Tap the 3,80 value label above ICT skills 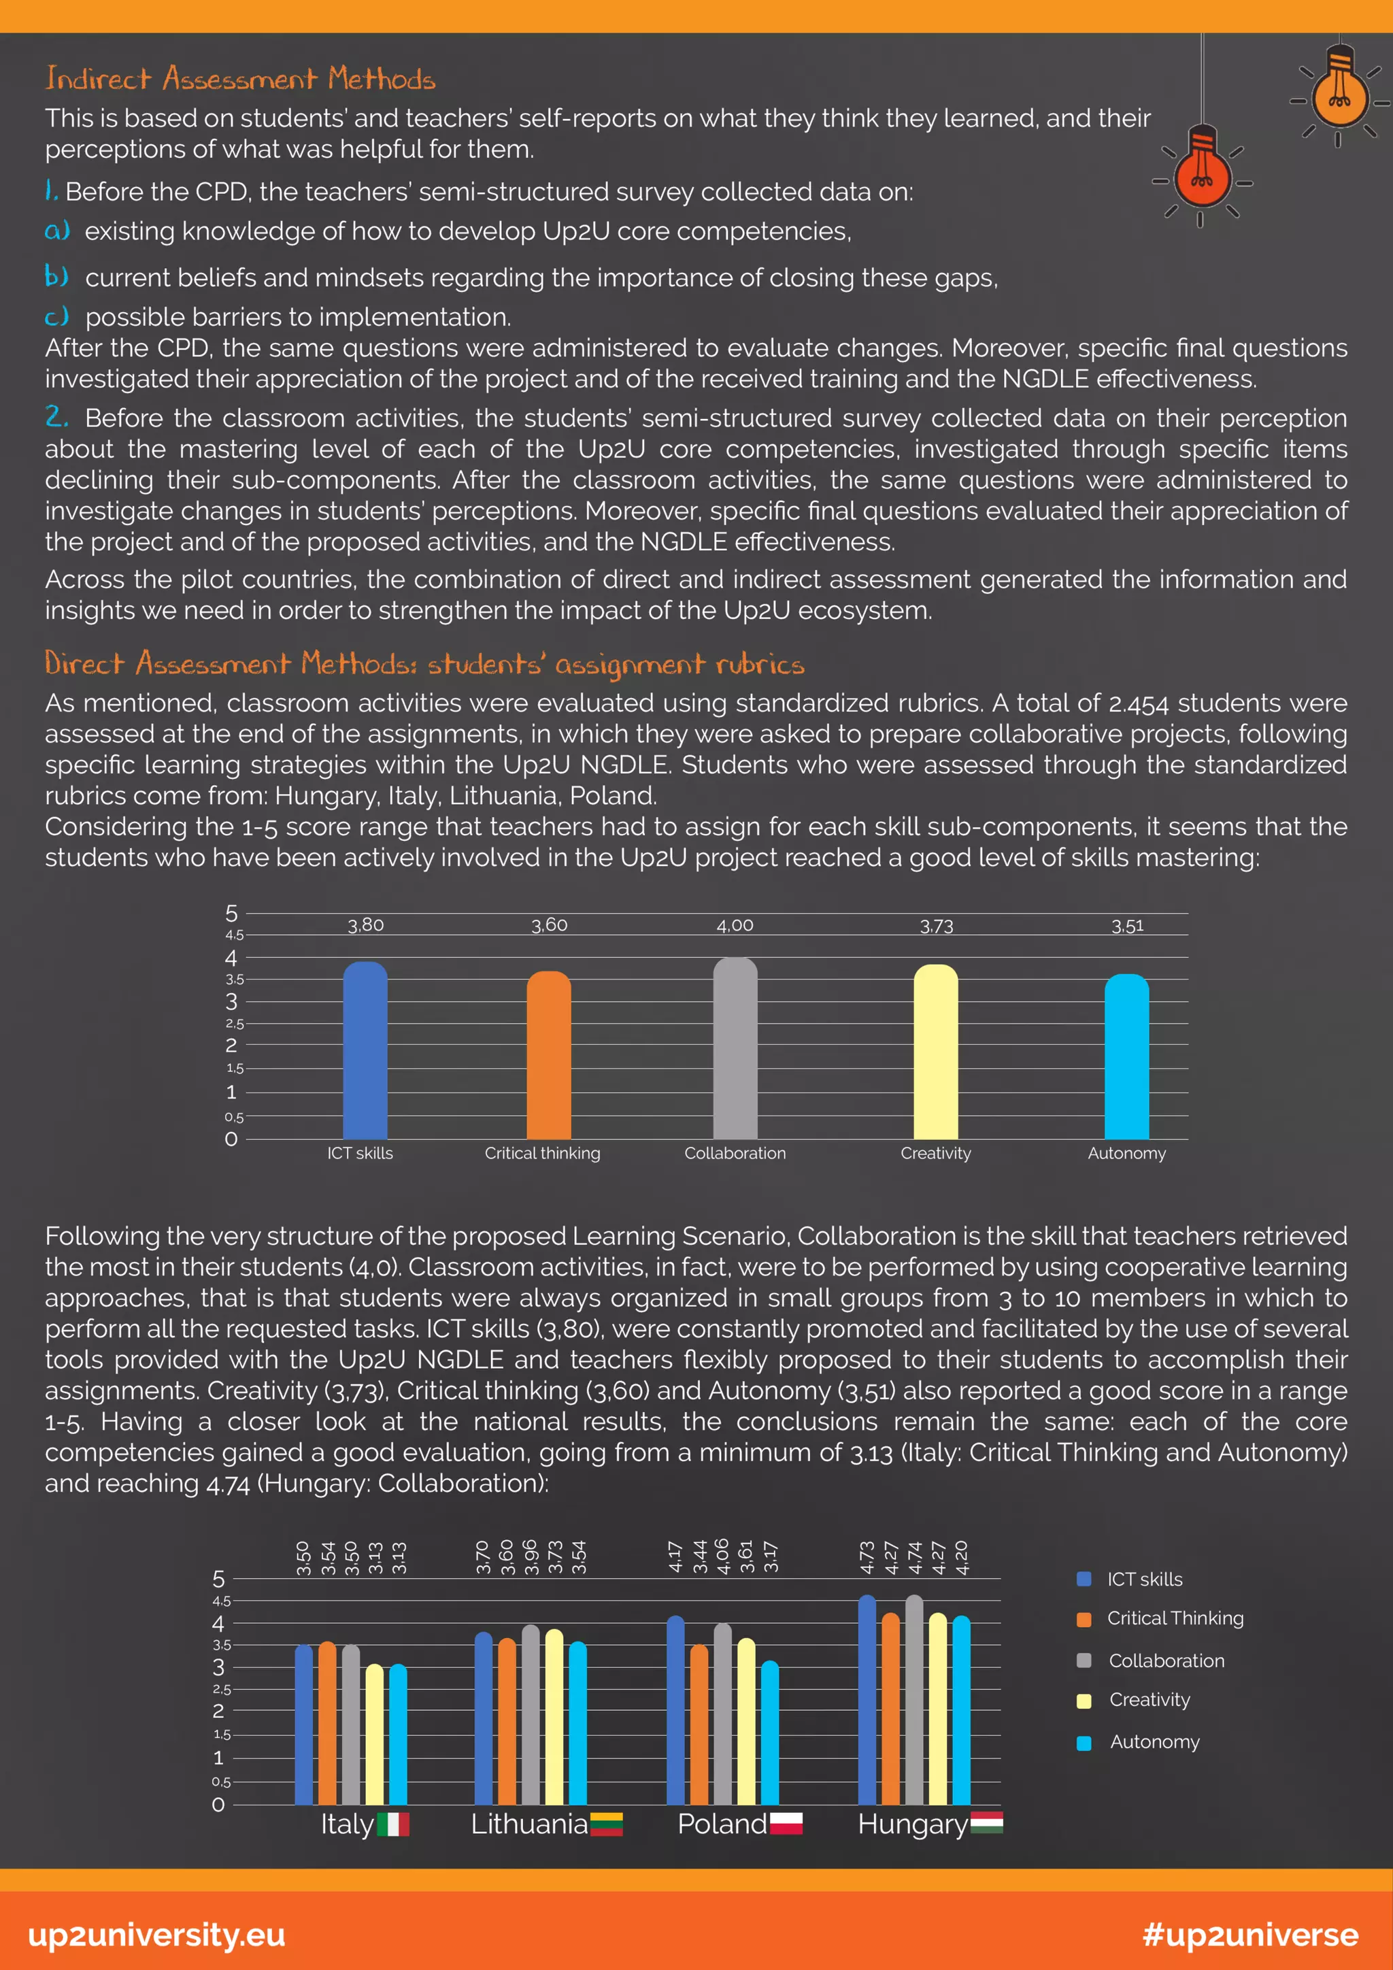[365, 926]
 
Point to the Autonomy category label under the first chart [1126, 1154]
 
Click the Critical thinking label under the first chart [542, 1154]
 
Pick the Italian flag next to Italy [393, 1824]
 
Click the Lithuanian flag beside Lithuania [605, 1824]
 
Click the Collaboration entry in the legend [1167, 1661]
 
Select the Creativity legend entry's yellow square [1084, 1701]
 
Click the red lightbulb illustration [1202, 173]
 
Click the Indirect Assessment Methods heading [240, 79]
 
